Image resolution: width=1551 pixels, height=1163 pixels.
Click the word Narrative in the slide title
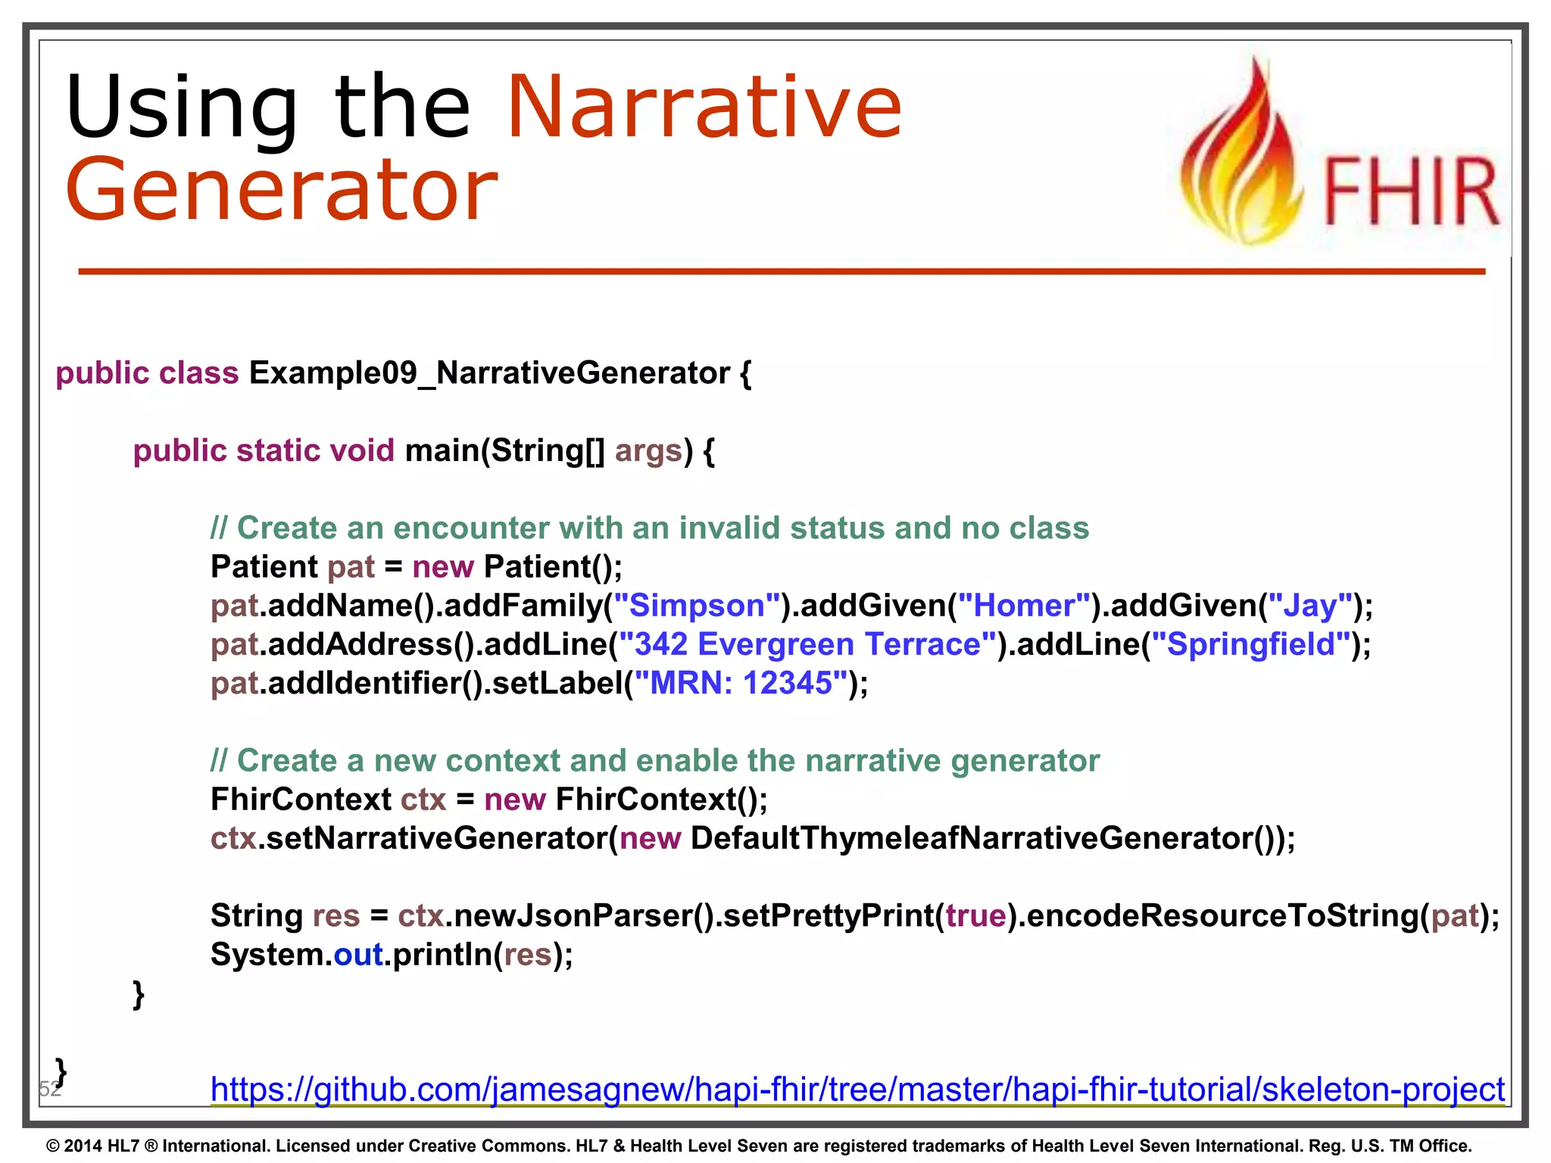[x=704, y=108]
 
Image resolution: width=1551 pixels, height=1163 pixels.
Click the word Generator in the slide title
[x=282, y=189]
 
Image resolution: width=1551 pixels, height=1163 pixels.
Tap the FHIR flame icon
[x=1242, y=155]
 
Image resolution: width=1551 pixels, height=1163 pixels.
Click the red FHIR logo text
[x=1411, y=193]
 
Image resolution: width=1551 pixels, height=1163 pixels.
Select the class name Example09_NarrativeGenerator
[x=489, y=373]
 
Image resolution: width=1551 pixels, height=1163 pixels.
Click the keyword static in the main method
[x=278, y=451]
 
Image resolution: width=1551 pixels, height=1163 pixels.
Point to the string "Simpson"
[x=697, y=606]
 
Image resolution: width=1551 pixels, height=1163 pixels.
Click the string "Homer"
[x=1025, y=606]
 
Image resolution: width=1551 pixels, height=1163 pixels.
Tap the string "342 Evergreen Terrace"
[x=807, y=644]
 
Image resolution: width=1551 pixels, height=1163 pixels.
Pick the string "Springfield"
[x=1250, y=644]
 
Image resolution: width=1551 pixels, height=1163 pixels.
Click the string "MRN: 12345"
[x=741, y=683]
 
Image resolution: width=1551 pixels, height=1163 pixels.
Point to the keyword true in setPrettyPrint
[x=975, y=915]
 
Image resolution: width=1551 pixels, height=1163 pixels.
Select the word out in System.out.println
[x=358, y=955]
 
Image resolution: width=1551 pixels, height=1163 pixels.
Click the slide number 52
[x=49, y=1090]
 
